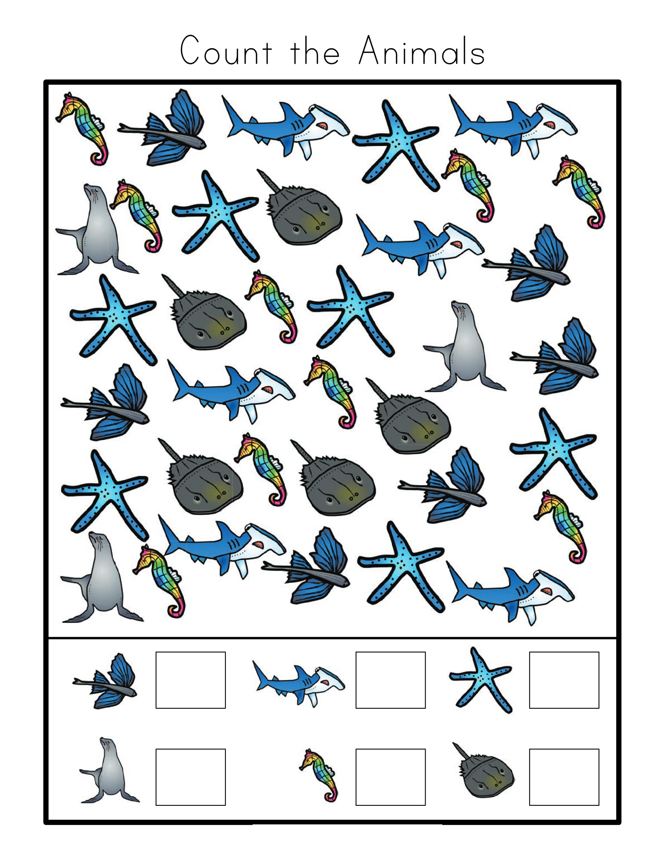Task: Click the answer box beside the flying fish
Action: click(x=190, y=680)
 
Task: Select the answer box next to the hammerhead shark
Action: click(x=390, y=680)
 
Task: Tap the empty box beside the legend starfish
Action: click(x=564, y=680)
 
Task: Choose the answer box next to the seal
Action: click(x=190, y=777)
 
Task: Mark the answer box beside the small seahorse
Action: click(x=390, y=777)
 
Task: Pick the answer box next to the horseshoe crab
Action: click(x=564, y=777)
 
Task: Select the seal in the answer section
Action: click(x=109, y=776)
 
